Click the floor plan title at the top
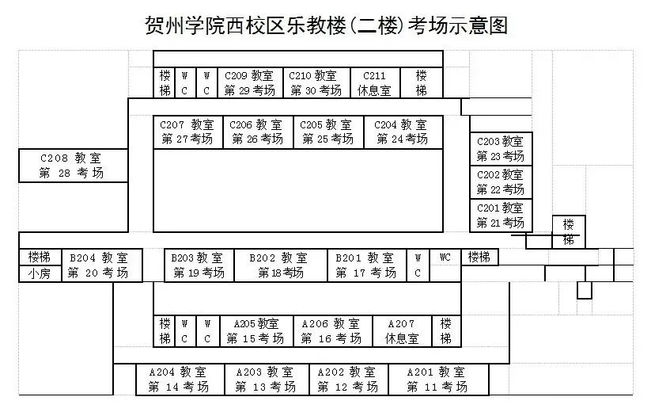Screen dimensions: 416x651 [x=325, y=24]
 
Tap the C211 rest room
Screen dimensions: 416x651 [x=374, y=83]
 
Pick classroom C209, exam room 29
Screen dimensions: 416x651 [x=249, y=83]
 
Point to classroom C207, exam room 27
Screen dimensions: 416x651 [x=187, y=132]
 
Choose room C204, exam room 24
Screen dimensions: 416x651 [x=402, y=132]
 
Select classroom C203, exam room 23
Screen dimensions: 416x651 [x=501, y=148]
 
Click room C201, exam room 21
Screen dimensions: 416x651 [x=501, y=216]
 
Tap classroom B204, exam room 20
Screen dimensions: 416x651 [x=98, y=265]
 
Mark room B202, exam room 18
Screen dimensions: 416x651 [x=281, y=265]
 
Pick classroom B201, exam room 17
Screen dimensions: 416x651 [x=365, y=265]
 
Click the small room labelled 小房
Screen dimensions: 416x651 [x=39, y=274]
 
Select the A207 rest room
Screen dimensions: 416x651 [x=401, y=331]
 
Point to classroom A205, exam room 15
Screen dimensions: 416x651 [x=255, y=331]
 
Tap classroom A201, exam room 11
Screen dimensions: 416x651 [x=437, y=380]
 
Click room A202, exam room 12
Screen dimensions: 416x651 [x=348, y=380]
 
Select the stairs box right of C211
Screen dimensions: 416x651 [x=422, y=83]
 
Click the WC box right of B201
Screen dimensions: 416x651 [x=445, y=258]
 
